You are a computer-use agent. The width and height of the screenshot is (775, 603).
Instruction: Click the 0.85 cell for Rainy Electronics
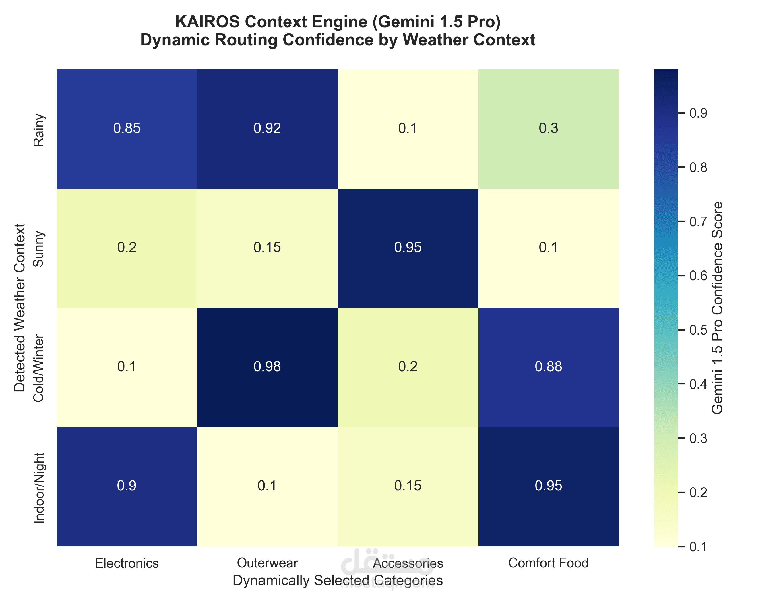pyautogui.click(x=127, y=128)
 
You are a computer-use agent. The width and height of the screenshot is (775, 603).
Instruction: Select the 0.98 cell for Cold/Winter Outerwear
pyautogui.click(x=267, y=367)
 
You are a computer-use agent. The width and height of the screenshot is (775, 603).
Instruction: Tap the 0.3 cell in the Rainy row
pyautogui.click(x=548, y=128)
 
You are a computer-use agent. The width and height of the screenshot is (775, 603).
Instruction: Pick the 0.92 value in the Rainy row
pyautogui.click(x=267, y=128)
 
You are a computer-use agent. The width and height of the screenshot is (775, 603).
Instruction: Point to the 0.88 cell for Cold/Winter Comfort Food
pyautogui.click(x=548, y=367)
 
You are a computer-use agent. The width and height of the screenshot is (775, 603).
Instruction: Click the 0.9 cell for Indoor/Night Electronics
pyautogui.click(x=127, y=486)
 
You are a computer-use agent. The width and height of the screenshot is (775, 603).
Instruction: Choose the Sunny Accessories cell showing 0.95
pyautogui.click(x=408, y=248)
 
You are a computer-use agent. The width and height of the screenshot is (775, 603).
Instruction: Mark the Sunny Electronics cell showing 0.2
pyautogui.click(x=127, y=248)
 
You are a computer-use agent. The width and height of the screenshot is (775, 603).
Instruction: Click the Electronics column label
pyautogui.click(x=127, y=563)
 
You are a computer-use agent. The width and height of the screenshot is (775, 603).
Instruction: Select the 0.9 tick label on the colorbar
pyautogui.click(x=698, y=113)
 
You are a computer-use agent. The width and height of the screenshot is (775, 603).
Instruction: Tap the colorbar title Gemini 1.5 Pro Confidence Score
pyautogui.click(x=717, y=308)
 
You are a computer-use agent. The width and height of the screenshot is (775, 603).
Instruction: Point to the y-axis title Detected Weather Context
pyautogui.click(x=20, y=308)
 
